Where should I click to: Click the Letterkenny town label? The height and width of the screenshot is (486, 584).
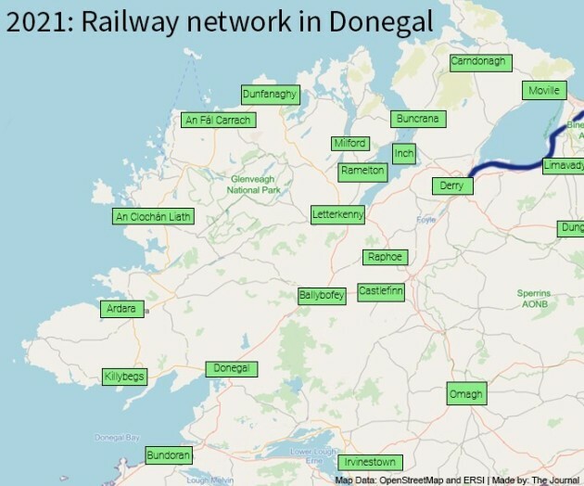click(338, 215)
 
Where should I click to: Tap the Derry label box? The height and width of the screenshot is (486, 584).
click(451, 186)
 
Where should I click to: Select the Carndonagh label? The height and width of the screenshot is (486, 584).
click(477, 62)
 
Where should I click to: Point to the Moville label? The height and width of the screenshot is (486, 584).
click(542, 91)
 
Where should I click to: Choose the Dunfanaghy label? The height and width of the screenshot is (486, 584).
click(269, 95)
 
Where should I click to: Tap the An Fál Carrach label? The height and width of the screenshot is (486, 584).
click(217, 120)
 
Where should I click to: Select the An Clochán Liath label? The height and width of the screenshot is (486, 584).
click(152, 217)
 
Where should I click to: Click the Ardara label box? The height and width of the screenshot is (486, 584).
click(121, 309)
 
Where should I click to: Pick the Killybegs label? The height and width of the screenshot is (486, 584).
click(124, 377)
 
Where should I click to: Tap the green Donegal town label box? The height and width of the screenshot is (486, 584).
click(231, 369)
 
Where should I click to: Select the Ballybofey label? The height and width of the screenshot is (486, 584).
click(322, 296)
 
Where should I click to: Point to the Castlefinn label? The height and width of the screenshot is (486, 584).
click(381, 291)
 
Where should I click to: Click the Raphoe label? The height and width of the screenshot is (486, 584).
click(385, 257)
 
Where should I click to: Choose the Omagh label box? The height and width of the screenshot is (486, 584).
click(466, 394)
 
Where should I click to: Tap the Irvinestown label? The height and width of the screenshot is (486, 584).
click(370, 462)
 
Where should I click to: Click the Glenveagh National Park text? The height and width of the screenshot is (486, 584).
click(254, 185)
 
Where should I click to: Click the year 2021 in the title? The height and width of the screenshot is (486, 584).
click(35, 20)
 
